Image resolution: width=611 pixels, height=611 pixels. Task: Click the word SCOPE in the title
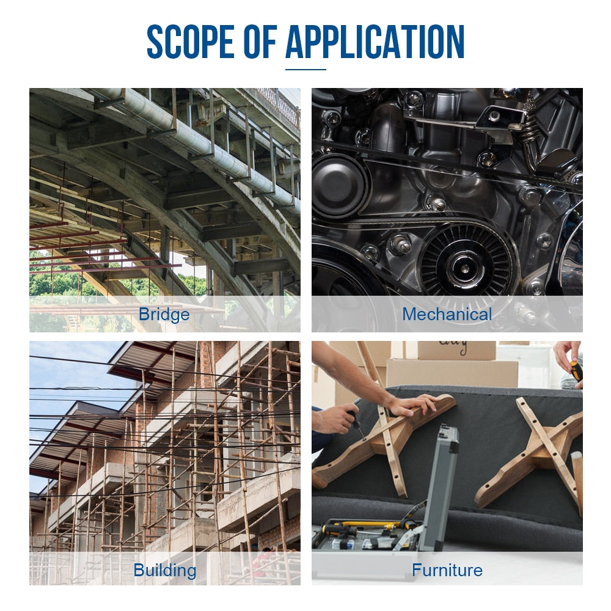[191, 42]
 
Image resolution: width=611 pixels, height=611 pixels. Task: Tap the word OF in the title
[260, 42]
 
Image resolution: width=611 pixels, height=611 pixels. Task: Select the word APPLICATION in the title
[375, 42]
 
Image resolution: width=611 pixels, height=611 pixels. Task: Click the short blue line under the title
[305, 70]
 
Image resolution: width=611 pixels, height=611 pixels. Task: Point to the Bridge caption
[164, 314]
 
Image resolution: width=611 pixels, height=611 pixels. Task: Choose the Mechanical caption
[447, 314]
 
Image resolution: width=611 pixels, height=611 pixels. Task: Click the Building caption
[165, 570]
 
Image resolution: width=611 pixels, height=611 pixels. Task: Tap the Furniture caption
[447, 570]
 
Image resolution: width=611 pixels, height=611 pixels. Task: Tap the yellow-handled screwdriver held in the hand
[576, 373]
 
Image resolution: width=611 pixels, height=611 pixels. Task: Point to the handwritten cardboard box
[456, 350]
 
